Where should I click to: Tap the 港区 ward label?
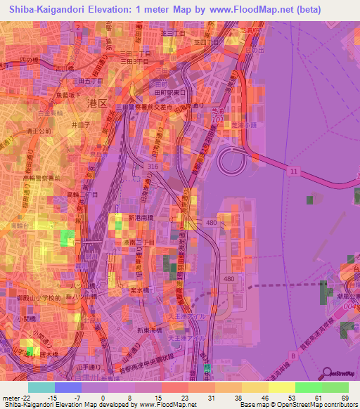(x=96, y=103)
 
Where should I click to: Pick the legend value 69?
(x=343, y=398)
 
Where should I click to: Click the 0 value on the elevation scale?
(x=103, y=398)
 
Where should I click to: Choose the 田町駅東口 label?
(x=169, y=92)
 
